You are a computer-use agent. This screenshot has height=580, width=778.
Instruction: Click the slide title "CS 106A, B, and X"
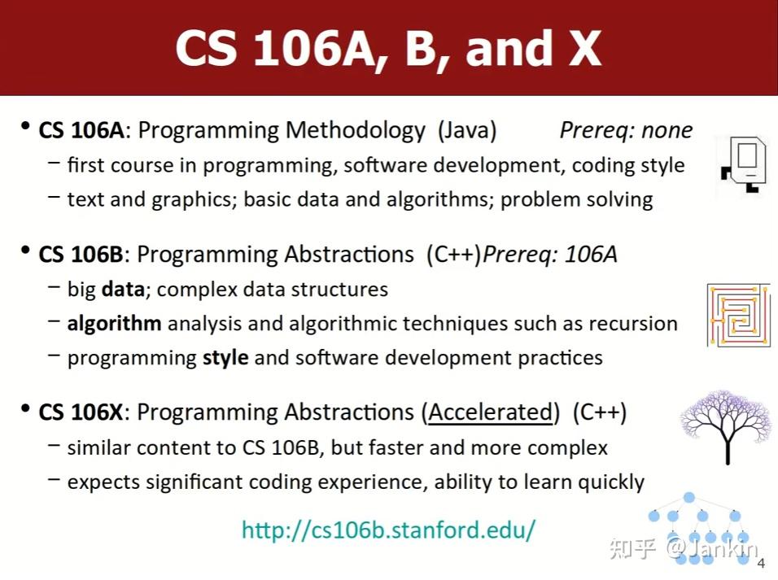click(x=388, y=48)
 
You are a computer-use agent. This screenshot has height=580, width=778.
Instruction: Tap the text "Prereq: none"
click(x=626, y=130)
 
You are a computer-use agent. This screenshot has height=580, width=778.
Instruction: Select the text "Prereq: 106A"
click(x=550, y=255)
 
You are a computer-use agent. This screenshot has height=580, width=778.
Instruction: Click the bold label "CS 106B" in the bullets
click(x=81, y=255)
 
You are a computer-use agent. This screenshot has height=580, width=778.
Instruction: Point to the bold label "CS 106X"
click(x=81, y=412)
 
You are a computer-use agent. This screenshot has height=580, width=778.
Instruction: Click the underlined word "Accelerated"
click(x=490, y=412)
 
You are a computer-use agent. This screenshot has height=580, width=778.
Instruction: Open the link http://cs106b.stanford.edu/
click(x=389, y=530)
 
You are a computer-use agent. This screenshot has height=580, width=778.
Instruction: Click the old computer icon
click(x=744, y=167)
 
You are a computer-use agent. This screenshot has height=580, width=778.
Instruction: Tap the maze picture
click(x=738, y=315)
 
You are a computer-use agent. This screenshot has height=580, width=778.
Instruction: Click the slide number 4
click(x=761, y=565)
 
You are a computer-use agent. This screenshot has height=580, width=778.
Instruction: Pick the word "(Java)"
click(x=467, y=131)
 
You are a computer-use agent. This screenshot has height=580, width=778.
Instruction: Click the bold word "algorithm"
click(x=114, y=323)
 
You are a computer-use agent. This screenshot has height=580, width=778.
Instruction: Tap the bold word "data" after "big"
click(x=117, y=289)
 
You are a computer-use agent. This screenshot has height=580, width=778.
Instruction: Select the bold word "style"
click(x=225, y=357)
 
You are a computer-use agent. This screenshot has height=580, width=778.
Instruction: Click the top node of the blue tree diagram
click(x=689, y=497)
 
